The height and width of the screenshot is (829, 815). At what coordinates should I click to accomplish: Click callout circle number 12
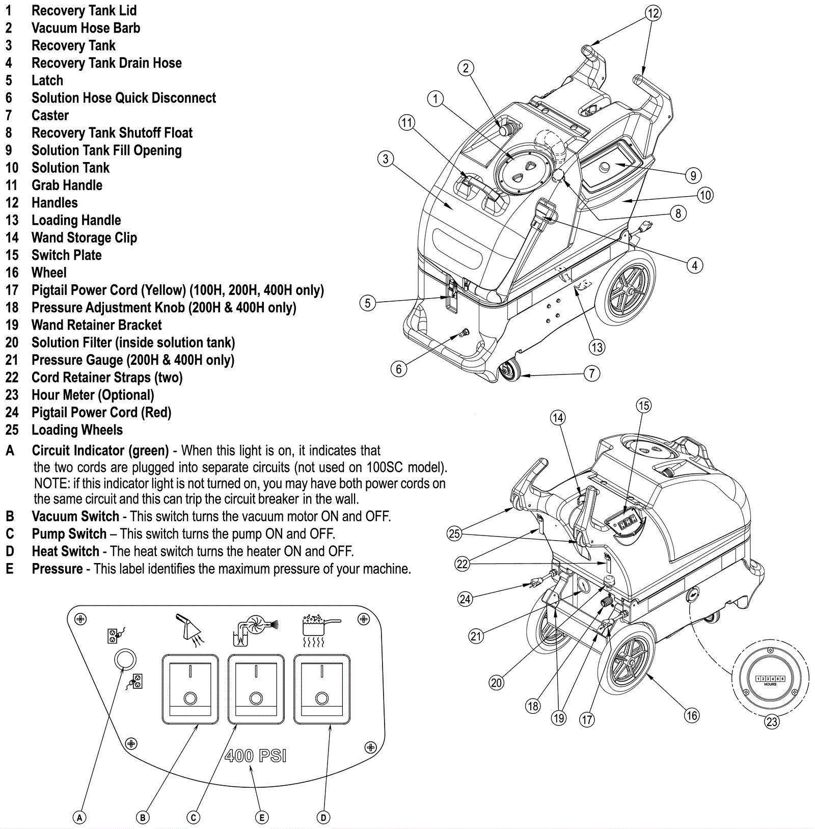click(x=653, y=13)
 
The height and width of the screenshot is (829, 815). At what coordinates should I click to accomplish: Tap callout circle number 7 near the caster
click(x=592, y=373)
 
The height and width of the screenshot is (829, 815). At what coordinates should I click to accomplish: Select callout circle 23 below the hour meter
click(x=772, y=721)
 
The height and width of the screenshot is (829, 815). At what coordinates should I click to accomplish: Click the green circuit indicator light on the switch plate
click(x=125, y=659)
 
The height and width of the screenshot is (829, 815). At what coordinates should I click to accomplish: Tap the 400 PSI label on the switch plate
click(x=255, y=756)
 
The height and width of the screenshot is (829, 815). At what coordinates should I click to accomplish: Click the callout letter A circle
click(x=79, y=818)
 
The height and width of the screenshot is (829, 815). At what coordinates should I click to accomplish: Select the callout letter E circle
click(x=261, y=818)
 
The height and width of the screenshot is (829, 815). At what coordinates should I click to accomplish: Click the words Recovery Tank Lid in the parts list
click(x=84, y=11)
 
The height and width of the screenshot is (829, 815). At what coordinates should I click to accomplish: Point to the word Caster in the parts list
click(x=50, y=116)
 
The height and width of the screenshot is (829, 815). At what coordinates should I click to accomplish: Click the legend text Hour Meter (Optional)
click(x=93, y=395)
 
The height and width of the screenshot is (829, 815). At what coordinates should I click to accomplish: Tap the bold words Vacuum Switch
click(x=75, y=517)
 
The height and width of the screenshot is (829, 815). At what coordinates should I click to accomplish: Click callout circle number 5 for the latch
click(x=368, y=303)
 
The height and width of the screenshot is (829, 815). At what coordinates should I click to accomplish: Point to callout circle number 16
click(x=692, y=715)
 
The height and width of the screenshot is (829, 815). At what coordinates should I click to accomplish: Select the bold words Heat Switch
click(x=66, y=552)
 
